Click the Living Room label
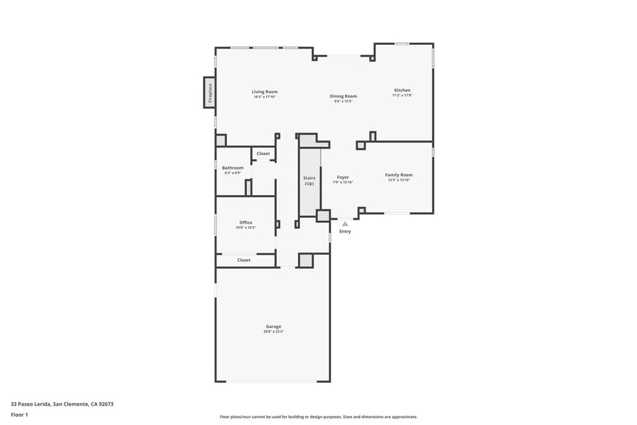click(264, 91)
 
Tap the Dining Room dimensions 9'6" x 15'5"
click(343, 101)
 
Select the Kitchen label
click(402, 90)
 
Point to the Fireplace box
click(210, 92)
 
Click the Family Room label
click(398, 175)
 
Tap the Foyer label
click(343, 177)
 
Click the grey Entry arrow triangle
click(345, 223)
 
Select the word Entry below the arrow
click(345, 231)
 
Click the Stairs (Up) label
click(309, 180)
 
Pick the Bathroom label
click(233, 167)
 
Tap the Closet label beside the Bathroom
click(263, 154)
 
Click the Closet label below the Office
click(244, 260)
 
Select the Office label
click(246, 222)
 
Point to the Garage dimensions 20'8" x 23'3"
click(273, 332)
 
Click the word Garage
click(273, 326)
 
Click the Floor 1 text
click(19, 414)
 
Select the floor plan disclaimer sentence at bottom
click(318, 417)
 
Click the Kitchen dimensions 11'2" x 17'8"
click(402, 96)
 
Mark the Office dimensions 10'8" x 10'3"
click(246, 228)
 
